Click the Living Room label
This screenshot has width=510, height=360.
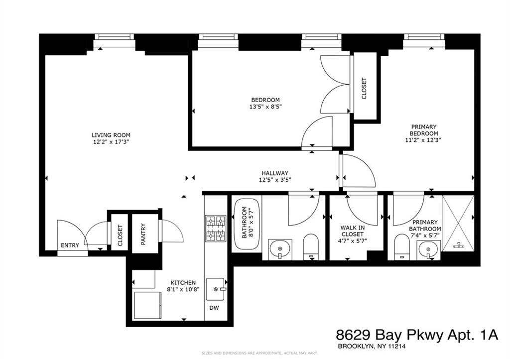(111, 135)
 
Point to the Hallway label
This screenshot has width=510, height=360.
(273, 173)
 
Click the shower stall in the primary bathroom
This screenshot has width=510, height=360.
(457, 223)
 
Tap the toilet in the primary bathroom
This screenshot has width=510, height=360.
(401, 247)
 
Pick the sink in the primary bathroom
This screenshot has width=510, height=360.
(426, 248)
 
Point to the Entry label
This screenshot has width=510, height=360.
(69, 245)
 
